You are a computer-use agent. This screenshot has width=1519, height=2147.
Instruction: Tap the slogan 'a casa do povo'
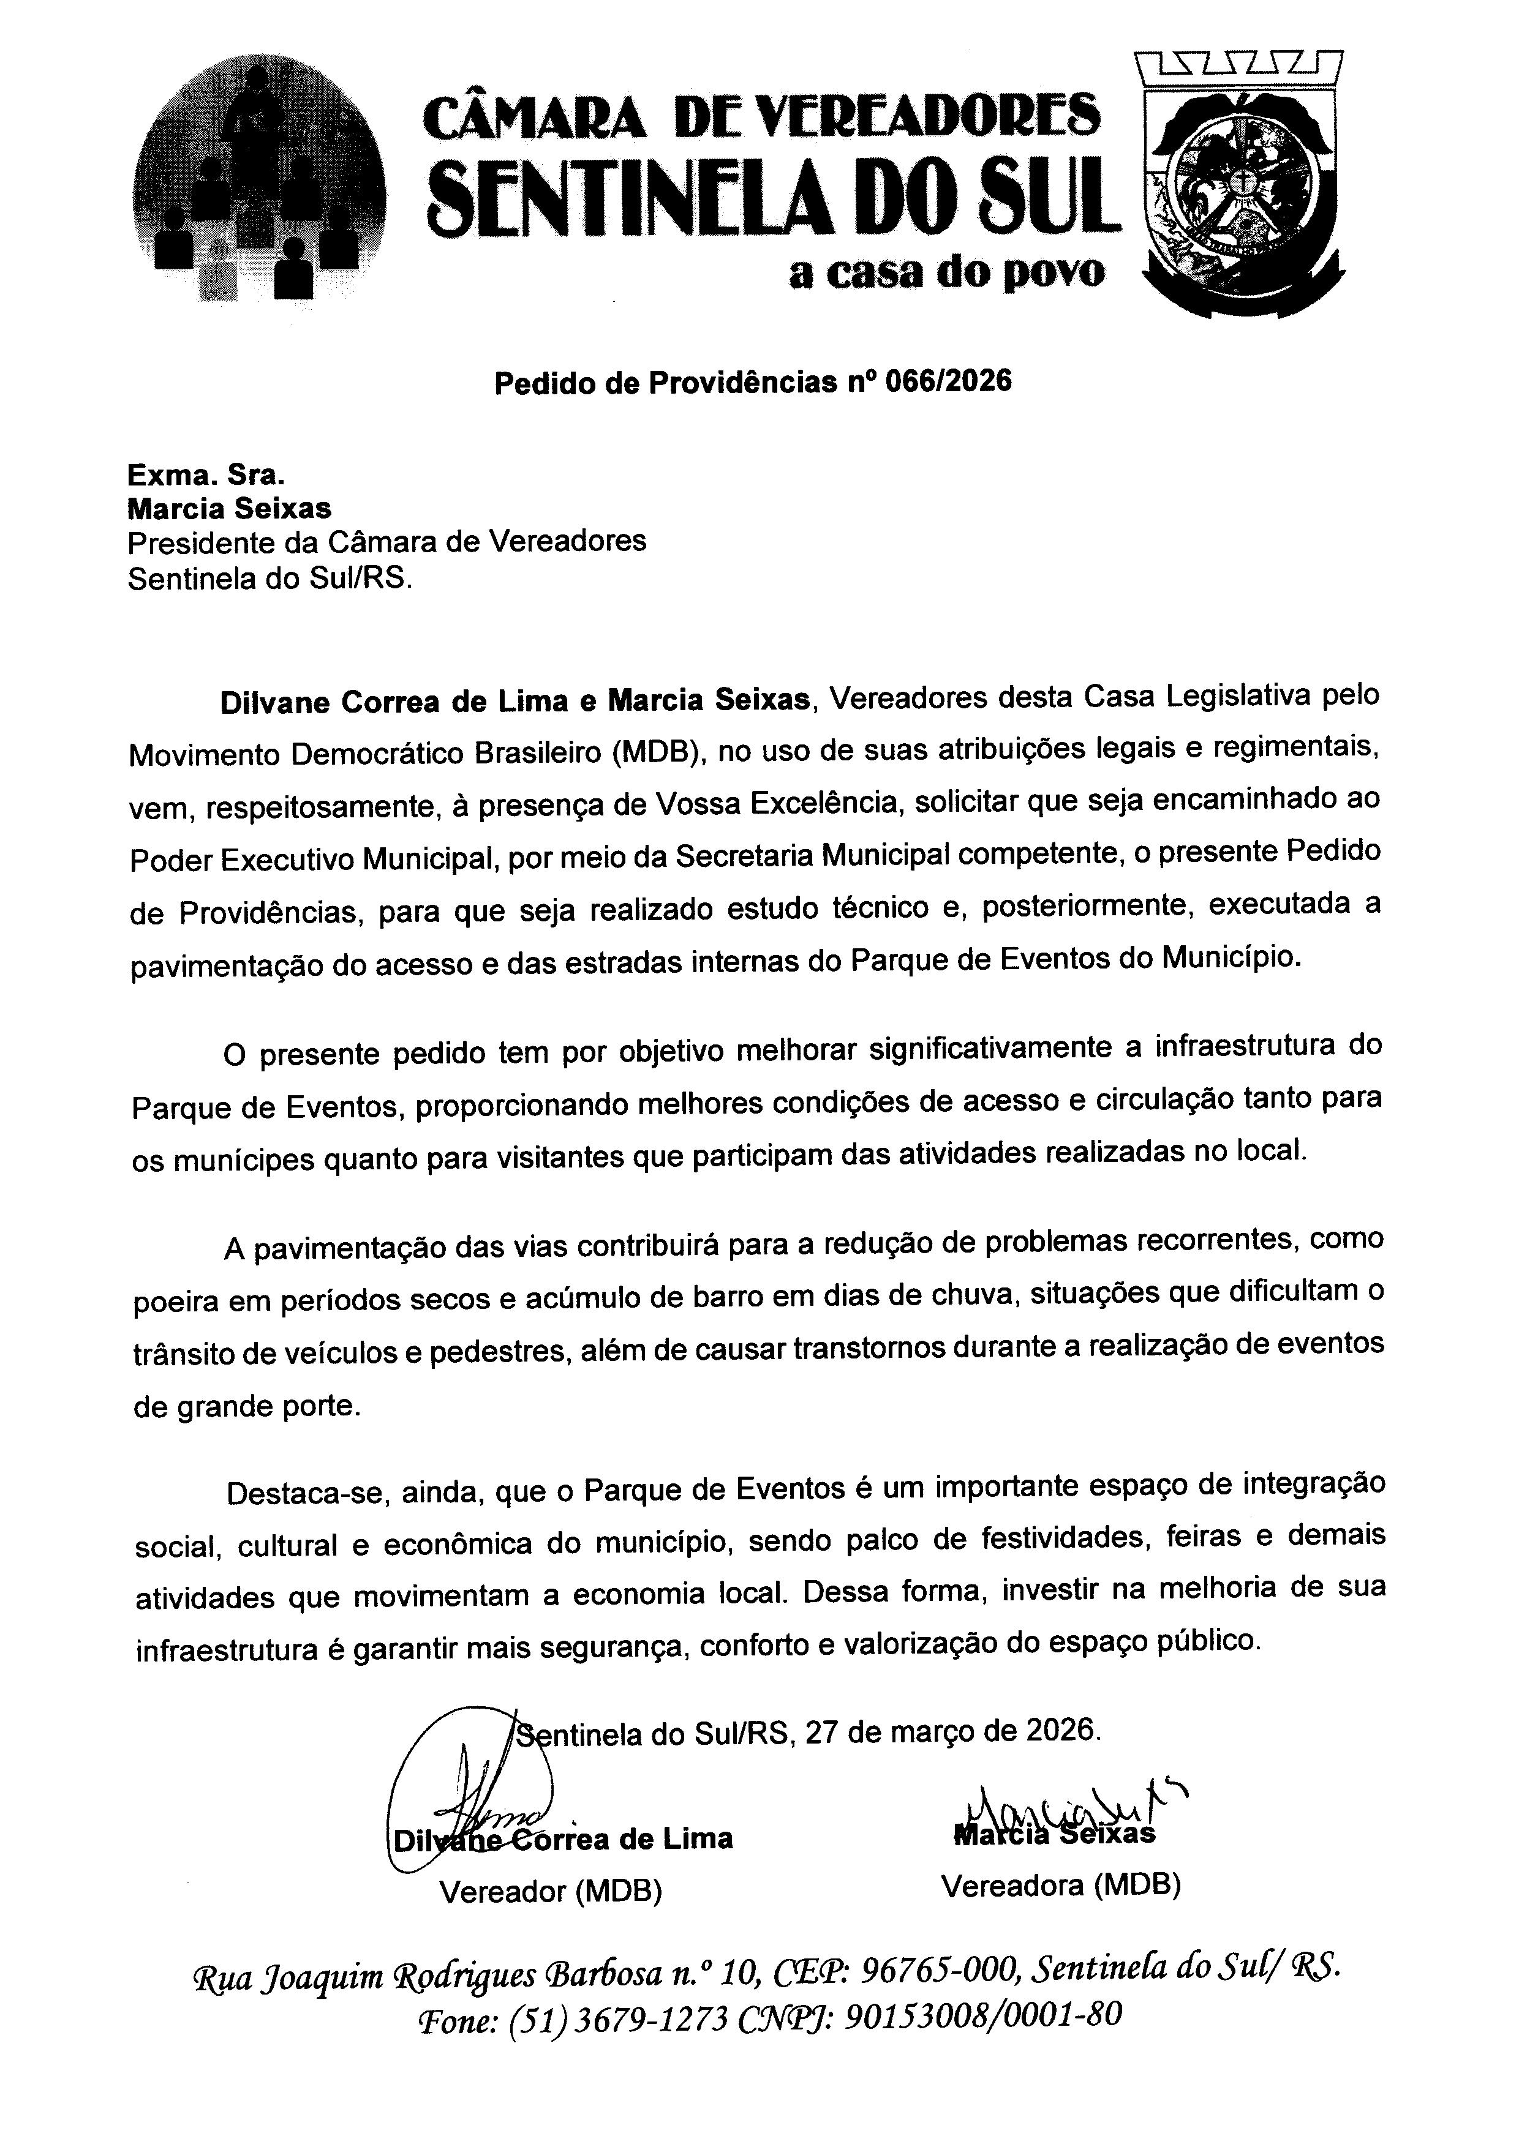(946, 273)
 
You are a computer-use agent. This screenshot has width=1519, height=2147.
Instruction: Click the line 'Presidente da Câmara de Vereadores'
(386, 541)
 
